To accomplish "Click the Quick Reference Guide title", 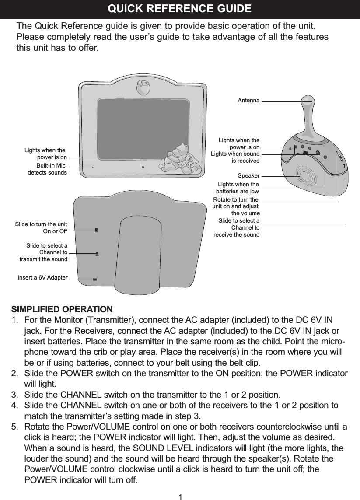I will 179,9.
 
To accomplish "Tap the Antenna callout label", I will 248,101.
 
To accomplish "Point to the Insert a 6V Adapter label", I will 42,278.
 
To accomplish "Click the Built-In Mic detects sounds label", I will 48,169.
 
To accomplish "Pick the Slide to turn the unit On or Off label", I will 41,227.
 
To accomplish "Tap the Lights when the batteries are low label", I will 238,188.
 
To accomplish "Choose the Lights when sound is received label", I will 235,157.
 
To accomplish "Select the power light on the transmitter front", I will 143,166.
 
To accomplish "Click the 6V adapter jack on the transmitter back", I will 94,279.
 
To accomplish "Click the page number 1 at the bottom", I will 180,496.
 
